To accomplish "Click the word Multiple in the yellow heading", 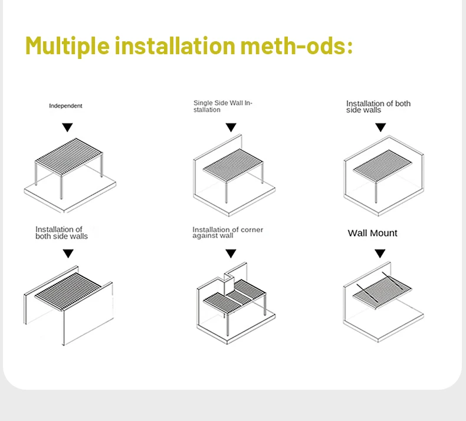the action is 66,45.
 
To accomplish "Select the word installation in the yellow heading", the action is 175,45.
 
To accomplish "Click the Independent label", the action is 65,106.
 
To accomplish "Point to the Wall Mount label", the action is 372,233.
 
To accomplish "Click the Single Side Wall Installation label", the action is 222,106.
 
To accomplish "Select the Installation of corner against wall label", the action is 227,232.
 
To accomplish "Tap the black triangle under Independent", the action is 68,127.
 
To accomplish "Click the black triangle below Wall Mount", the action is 380,254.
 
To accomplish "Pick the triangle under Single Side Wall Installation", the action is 231,127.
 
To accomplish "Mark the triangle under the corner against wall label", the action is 231,254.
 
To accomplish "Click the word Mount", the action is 384,233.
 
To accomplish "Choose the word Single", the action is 203,103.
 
